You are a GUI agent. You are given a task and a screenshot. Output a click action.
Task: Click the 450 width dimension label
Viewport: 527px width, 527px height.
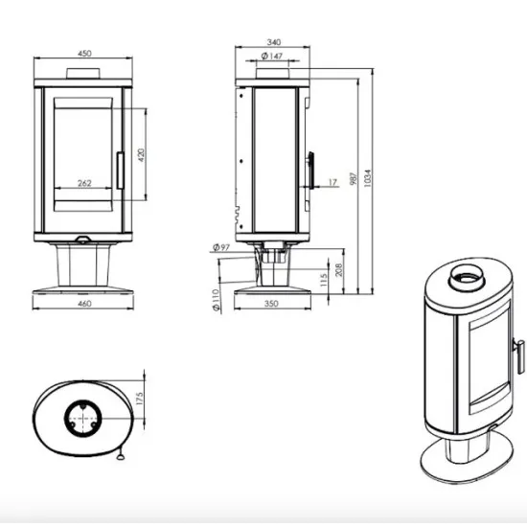[x=84, y=54]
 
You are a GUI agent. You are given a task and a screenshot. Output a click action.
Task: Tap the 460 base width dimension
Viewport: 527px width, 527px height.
[x=84, y=304]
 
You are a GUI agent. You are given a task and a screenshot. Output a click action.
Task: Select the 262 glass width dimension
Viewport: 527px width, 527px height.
[x=84, y=183]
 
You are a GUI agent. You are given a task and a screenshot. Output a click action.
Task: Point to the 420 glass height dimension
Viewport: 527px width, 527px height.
[x=141, y=155]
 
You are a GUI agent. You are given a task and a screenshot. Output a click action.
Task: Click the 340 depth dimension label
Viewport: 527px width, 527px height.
[x=274, y=42]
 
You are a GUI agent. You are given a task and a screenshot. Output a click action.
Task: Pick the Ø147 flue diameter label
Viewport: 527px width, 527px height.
[x=272, y=57]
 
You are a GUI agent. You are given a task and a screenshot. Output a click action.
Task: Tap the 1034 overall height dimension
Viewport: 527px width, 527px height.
[x=368, y=178]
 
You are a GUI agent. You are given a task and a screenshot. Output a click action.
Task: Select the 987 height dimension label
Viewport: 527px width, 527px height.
[x=353, y=179]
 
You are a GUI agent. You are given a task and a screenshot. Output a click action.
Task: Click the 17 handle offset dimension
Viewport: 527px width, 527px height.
[x=332, y=182]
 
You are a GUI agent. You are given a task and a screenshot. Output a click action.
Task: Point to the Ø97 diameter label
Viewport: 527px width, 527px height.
[x=221, y=248]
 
